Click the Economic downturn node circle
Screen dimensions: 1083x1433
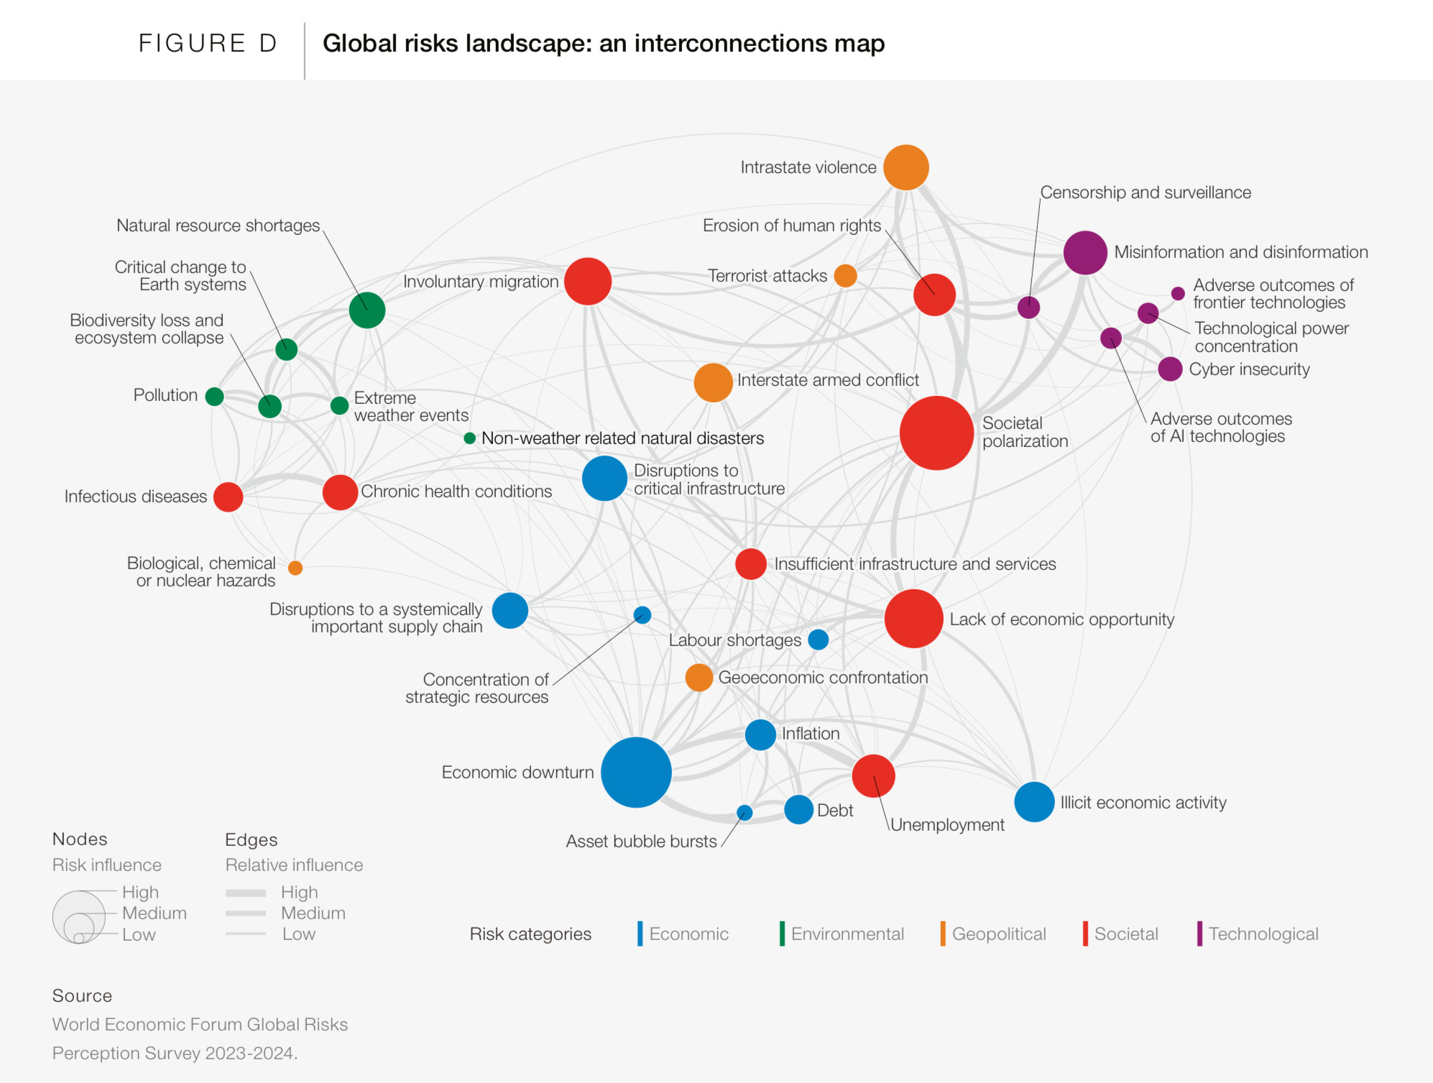pos(636,773)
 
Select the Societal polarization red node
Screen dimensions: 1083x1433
pos(936,433)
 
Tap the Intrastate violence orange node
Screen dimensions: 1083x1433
pos(906,167)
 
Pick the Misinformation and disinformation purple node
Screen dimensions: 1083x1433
pos(1084,253)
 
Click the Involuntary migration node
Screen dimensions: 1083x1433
pos(587,282)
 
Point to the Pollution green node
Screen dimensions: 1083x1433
pos(214,396)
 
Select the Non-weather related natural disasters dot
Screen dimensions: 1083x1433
pos(469,438)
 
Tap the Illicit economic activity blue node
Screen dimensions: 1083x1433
pos(1034,802)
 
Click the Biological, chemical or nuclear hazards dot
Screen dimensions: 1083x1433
pos(295,568)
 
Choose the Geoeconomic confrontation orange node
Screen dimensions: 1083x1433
pos(699,678)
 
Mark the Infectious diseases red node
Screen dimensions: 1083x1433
pos(229,497)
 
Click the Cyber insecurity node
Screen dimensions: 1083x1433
pos(1170,369)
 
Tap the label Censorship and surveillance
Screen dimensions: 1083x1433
pos(1146,193)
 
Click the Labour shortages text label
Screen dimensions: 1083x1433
pos(734,640)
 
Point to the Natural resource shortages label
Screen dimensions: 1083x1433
pos(218,226)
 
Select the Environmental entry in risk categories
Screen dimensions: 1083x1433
pos(847,934)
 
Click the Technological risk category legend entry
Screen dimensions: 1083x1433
pos(1263,934)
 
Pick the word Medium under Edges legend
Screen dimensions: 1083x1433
pos(313,913)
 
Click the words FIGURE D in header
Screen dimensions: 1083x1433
pos(207,43)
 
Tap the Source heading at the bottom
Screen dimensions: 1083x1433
pos(82,995)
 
